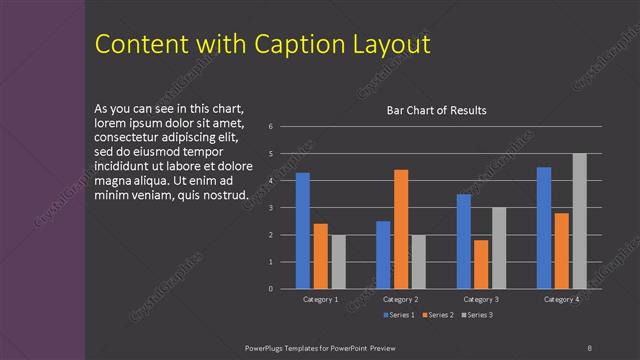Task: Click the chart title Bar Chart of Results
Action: (436, 110)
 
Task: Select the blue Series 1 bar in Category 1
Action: (303, 231)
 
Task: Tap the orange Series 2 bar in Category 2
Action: (401, 229)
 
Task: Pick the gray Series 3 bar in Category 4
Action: (579, 221)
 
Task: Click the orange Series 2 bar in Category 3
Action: (481, 264)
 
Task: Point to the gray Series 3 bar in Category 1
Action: (338, 262)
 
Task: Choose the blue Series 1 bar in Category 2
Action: (383, 255)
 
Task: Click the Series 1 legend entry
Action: (400, 315)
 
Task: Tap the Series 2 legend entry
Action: (439, 315)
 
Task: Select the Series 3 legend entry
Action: (477, 315)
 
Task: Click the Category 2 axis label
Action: (401, 299)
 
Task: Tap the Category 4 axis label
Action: (561, 299)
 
